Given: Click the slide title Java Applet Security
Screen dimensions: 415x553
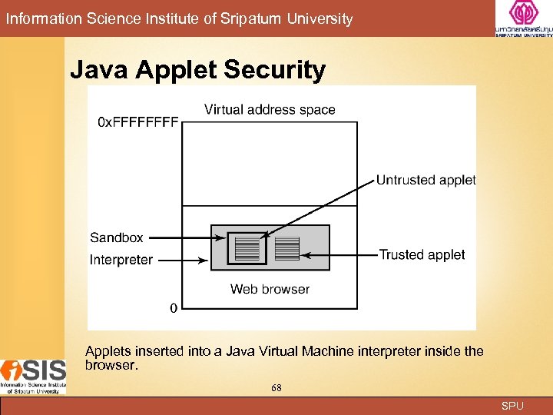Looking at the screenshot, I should tap(198, 71).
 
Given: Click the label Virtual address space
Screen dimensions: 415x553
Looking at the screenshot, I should tap(270, 110).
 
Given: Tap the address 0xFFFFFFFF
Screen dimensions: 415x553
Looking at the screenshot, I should tap(138, 123).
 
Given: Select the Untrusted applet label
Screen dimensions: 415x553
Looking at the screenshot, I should tap(426, 180).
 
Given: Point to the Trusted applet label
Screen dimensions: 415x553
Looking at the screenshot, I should tap(422, 254).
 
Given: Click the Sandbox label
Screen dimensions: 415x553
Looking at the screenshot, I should tap(117, 237).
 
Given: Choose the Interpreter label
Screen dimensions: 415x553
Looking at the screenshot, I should tap(121, 260).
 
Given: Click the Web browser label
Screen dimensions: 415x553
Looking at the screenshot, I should tap(270, 289).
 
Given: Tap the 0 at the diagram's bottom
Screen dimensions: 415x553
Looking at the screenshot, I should tap(173, 308).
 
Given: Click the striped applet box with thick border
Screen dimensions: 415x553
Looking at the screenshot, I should tap(247, 249).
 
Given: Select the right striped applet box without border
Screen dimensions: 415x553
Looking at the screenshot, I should tap(286, 248).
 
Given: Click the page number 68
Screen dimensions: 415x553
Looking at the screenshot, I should tap(276, 388).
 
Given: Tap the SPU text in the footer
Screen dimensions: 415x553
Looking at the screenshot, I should tap(512, 406).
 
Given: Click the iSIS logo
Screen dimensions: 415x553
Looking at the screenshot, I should tap(33, 375).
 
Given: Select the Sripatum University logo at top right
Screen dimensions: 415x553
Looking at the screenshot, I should tap(523, 19).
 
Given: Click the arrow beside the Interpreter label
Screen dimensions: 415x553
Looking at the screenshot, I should tap(183, 261).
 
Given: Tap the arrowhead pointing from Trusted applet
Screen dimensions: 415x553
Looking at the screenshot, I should tap(307, 254).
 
